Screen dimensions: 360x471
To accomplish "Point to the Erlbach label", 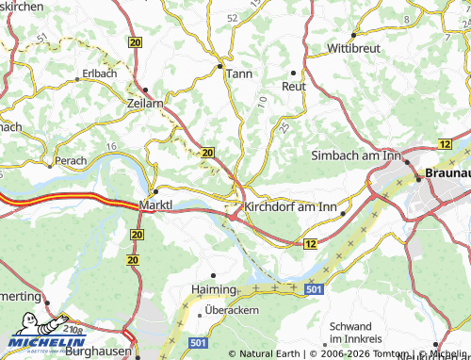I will coord(99,73).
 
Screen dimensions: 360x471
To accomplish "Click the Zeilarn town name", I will coord(145,103).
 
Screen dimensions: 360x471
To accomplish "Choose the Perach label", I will coord(72,161).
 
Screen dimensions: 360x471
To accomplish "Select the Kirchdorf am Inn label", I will coord(290,206).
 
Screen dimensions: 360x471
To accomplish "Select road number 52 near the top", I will coord(232,17).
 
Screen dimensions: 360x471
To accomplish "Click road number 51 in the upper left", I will coord(41,38).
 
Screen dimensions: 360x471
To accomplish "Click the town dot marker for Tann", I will coord(220,66).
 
